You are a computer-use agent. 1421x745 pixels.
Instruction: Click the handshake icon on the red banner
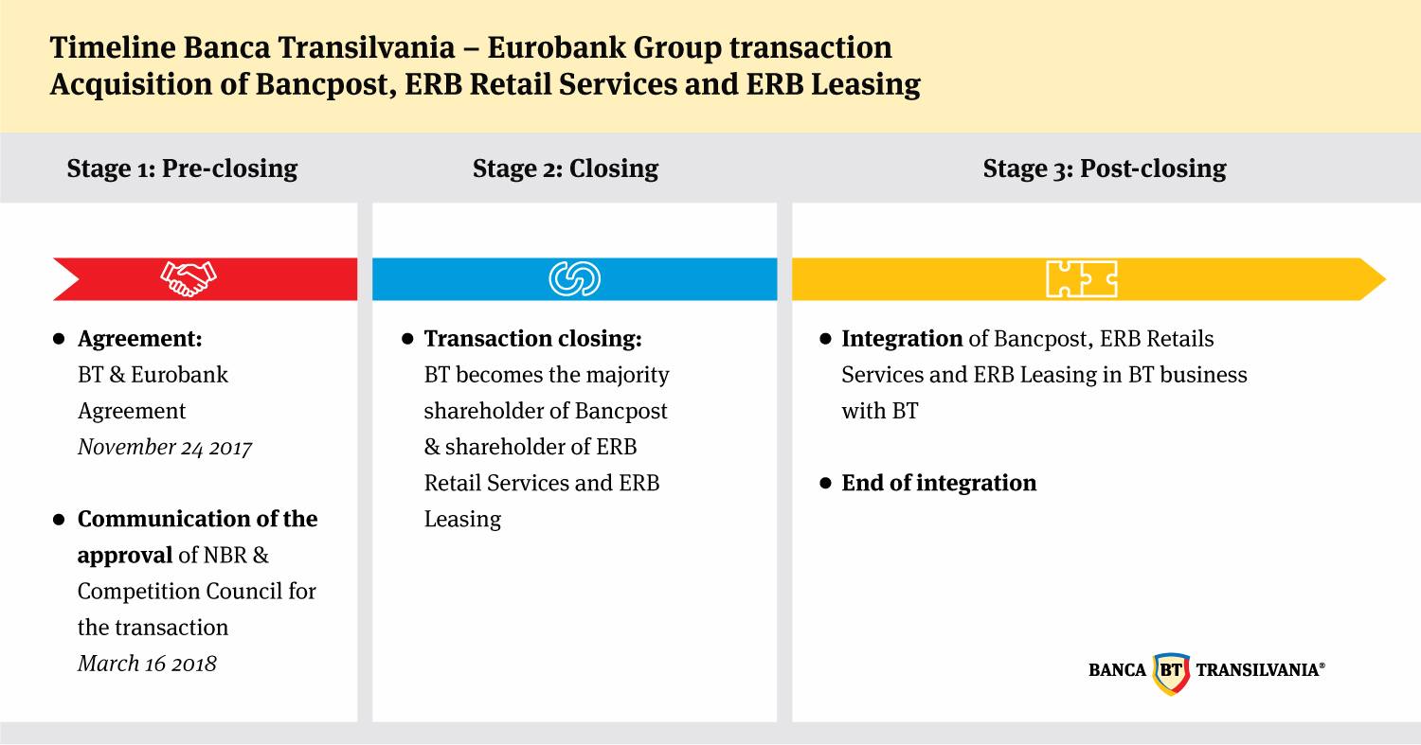click(189, 279)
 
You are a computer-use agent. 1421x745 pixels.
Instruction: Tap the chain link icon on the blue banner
click(575, 279)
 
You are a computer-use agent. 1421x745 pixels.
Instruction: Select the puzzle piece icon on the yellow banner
click(1082, 279)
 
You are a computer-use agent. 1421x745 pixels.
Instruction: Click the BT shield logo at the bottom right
click(1171, 673)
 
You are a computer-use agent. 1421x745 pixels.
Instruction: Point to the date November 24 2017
click(165, 448)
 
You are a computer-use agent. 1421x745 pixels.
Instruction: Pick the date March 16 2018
click(147, 664)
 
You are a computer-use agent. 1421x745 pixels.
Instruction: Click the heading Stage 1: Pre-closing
click(182, 169)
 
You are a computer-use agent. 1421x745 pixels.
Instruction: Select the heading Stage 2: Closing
click(566, 169)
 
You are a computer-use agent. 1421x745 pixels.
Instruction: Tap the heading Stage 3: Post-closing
click(1105, 169)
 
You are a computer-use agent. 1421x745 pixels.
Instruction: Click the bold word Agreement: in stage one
click(140, 339)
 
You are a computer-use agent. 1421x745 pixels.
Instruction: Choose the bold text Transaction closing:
click(532, 339)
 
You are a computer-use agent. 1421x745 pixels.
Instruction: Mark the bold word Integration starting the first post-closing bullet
click(902, 339)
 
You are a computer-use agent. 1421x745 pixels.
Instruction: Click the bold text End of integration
click(939, 483)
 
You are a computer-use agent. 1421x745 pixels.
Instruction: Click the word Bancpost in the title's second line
click(326, 84)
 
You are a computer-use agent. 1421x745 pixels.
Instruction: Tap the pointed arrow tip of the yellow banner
click(1385, 279)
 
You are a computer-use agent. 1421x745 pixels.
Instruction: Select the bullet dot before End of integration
click(825, 483)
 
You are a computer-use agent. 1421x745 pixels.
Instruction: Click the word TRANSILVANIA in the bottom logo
click(1258, 670)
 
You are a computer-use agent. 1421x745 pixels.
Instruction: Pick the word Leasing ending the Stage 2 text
click(462, 520)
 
